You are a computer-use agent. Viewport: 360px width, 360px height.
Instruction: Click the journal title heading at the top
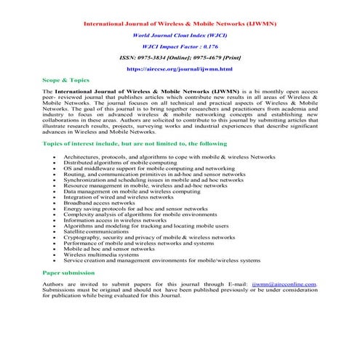[x=180, y=24]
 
